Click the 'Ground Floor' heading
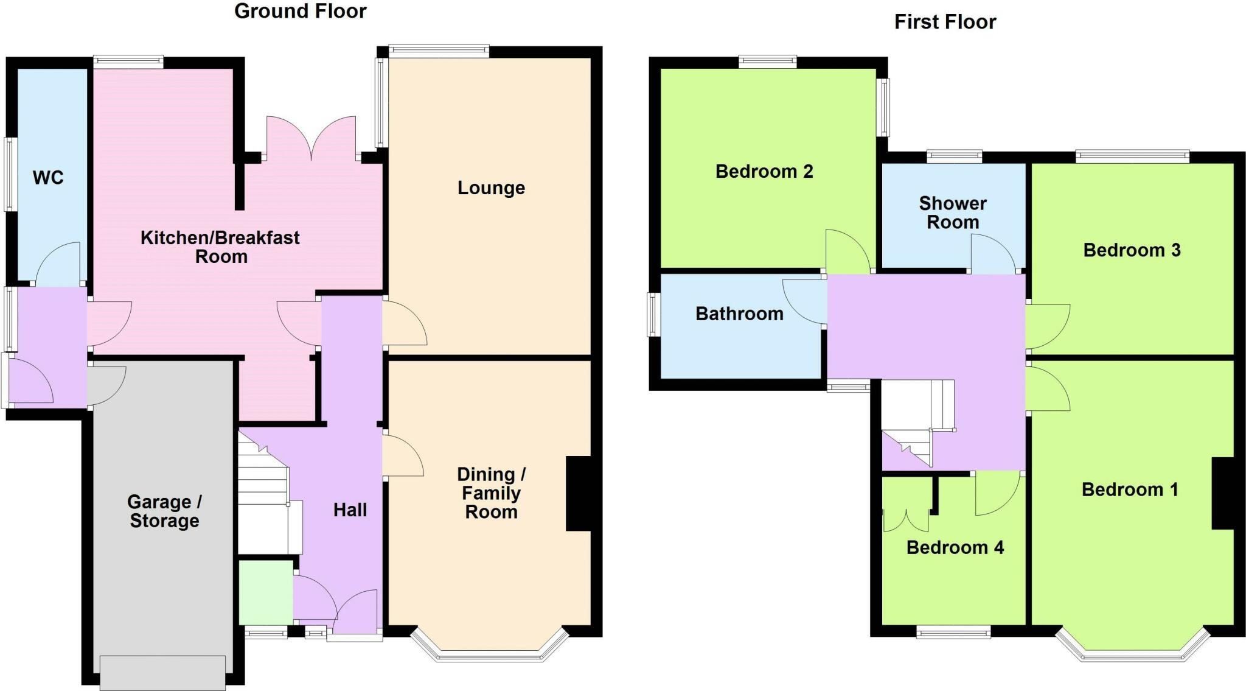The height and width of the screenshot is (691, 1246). click(x=301, y=11)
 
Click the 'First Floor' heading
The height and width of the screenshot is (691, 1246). click(x=945, y=22)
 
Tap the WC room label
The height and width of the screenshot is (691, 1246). click(x=48, y=178)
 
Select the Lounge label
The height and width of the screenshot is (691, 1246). click(x=491, y=188)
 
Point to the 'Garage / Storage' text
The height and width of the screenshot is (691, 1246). click(x=164, y=511)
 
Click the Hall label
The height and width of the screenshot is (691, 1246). click(x=350, y=510)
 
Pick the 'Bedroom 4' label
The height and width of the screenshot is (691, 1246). click(x=955, y=547)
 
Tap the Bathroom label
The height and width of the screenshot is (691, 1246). click(x=739, y=314)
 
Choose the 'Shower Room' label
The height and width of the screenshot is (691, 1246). click(x=953, y=212)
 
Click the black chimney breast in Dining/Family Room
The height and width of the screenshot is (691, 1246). click(x=579, y=494)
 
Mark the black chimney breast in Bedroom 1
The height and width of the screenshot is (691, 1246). click(x=1223, y=493)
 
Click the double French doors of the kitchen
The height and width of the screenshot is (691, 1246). click(x=311, y=138)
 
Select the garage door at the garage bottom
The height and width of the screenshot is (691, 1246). click(x=163, y=672)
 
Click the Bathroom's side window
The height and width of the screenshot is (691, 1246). click(x=654, y=314)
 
